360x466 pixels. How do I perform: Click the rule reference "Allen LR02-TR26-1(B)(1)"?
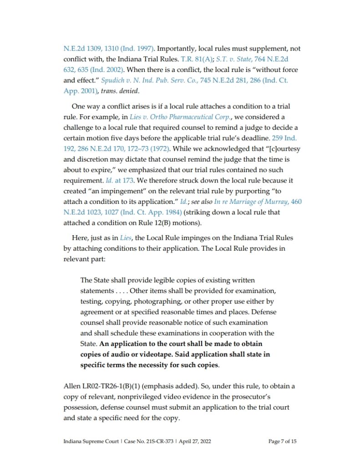click(x=102, y=386)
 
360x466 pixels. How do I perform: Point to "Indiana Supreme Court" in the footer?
click(x=88, y=441)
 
